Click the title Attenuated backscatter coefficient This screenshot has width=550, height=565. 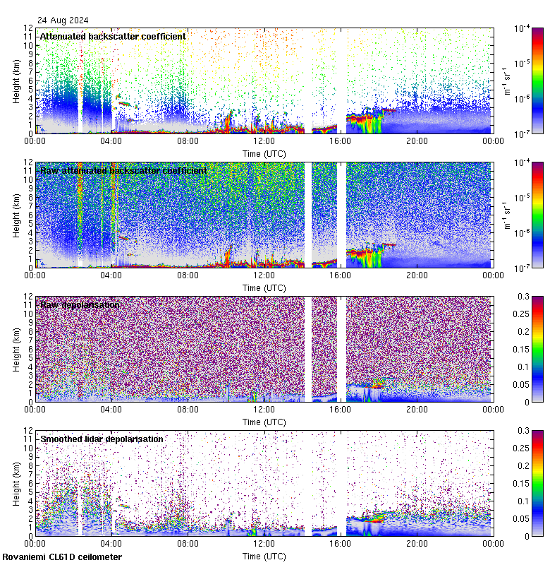[113, 36]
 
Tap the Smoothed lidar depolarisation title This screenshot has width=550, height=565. [102, 439]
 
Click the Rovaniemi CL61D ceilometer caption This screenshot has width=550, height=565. [62, 557]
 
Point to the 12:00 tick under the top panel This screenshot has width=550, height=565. [264, 141]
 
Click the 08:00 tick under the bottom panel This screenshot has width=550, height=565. [188, 543]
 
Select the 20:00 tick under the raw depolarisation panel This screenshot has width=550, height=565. [417, 409]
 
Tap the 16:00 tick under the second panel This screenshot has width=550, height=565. [341, 275]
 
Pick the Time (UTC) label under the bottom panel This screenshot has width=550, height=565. [264, 556]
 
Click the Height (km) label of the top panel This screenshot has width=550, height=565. [16, 81]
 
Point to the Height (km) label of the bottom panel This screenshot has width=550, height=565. [16, 483]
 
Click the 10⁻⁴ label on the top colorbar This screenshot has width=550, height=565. [522, 28]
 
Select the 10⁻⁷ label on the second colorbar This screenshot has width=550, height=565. [522, 268]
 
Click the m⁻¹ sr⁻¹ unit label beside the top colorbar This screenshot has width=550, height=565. [506, 81]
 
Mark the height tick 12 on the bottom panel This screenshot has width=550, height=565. [28, 430]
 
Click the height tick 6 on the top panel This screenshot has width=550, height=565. [30, 81]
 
